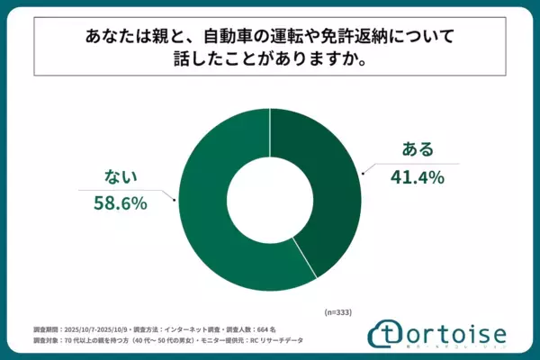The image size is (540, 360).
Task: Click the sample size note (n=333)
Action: (338, 310)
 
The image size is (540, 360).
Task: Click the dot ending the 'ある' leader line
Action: (363, 171)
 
